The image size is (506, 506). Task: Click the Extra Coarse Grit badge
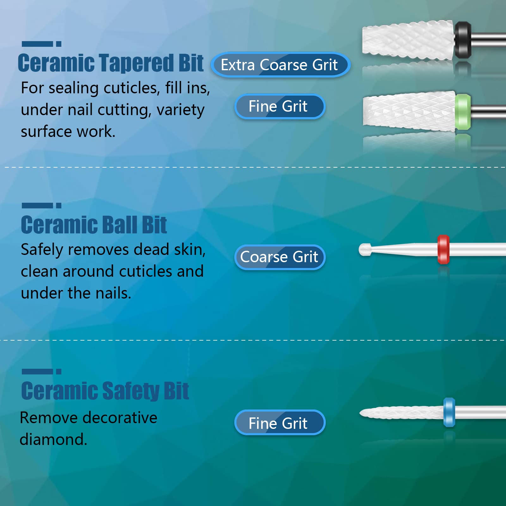click(x=281, y=65)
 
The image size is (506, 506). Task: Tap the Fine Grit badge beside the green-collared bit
click(x=280, y=106)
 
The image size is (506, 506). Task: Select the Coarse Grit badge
click(x=280, y=257)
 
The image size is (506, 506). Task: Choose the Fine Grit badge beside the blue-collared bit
click(x=280, y=423)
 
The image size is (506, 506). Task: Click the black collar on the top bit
click(x=463, y=40)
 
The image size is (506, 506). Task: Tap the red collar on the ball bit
click(x=443, y=250)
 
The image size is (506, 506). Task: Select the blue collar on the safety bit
click(x=449, y=412)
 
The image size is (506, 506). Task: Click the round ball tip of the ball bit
click(x=365, y=250)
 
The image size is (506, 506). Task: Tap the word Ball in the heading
click(x=120, y=225)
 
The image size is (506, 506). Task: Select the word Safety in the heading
click(x=131, y=391)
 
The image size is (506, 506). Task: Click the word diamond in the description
click(x=53, y=439)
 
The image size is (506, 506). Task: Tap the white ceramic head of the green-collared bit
click(x=409, y=112)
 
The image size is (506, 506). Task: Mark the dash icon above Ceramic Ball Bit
click(x=41, y=206)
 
